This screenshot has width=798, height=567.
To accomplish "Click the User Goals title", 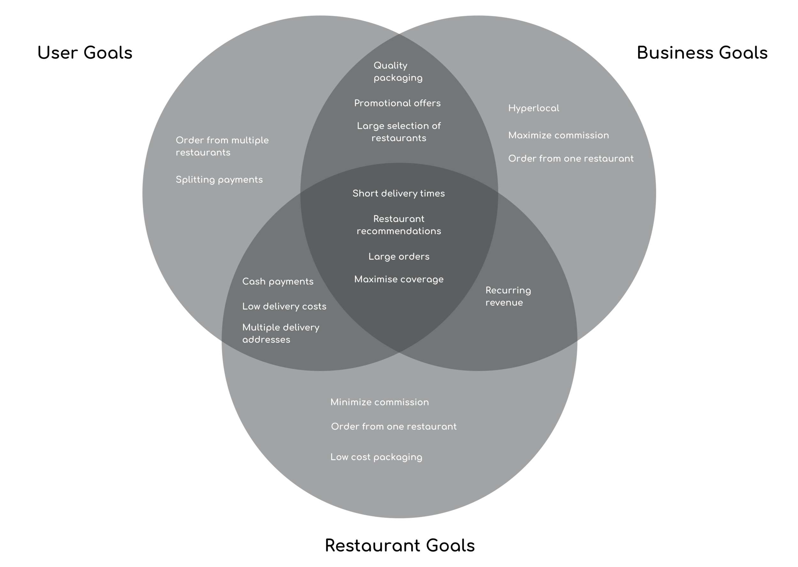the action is click(85, 53).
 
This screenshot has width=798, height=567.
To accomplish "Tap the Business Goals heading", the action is click(702, 53).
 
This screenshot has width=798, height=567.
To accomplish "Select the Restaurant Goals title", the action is click(400, 545).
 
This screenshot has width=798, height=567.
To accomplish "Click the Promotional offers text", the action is click(397, 103).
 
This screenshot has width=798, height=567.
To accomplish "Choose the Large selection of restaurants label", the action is click(399, 132).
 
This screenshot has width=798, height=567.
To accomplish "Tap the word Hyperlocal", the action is click(533, 108).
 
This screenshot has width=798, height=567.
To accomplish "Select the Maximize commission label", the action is click(558, 136).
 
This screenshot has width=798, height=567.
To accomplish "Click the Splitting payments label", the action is click(219, 180).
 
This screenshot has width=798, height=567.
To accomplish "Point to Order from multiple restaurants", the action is click(222, 146).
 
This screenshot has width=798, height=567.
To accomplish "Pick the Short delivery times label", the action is click(399, 194).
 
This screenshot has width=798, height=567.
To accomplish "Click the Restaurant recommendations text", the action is click(399, 225).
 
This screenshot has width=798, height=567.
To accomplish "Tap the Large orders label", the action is click(399, 257).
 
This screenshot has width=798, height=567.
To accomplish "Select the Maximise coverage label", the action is click(399, 280).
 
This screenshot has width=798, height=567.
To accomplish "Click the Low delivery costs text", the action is click(284, 306).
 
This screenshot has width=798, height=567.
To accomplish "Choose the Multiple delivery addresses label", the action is click(281, 334).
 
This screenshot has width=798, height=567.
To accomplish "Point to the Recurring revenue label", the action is click(508, 297).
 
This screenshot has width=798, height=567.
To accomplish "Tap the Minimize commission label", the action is click(380, 402).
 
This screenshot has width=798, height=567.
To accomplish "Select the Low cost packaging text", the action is click(376, 457).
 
